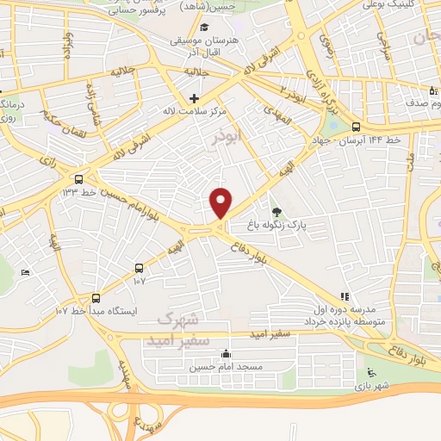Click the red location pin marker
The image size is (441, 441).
(221, 202)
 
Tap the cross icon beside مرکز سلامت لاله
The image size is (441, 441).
(195, 99)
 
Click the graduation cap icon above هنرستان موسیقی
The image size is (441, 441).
(203, 27)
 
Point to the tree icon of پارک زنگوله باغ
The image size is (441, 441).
(276, 211)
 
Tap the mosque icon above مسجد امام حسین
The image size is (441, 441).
(226, 353)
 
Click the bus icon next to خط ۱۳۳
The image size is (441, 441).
(79, 179)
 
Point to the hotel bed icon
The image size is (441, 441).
(26, 272)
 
